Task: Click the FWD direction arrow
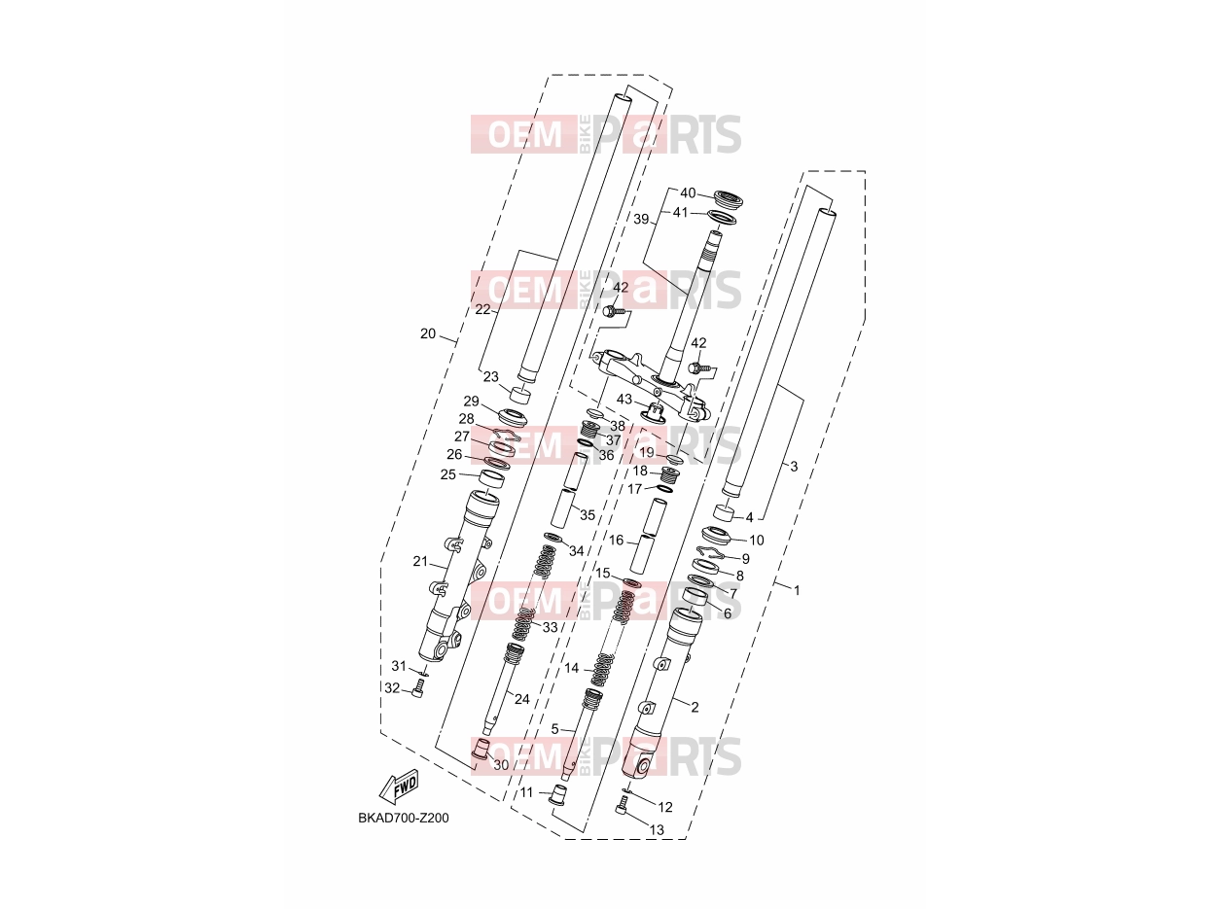click(398, 787)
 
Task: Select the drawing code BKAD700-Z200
click(403, 818)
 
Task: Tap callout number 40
click(688, 193)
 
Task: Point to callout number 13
click(658, 829)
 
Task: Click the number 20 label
click(428, 333)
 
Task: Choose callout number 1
click(797, 590)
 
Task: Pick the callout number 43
click(624, 399)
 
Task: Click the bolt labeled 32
click(418, 688)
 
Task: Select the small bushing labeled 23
click(520, 395)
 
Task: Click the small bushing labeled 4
click(724, 512)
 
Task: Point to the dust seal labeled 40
click(728, 198)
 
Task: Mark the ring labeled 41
click(721, 217)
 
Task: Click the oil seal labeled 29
click(513, 415)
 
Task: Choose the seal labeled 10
click(717, 536)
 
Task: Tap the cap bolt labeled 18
click(670, 473)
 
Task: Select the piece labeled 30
click(481, 748)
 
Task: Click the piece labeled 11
click(557, 797)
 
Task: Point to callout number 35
click(587, 515)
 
